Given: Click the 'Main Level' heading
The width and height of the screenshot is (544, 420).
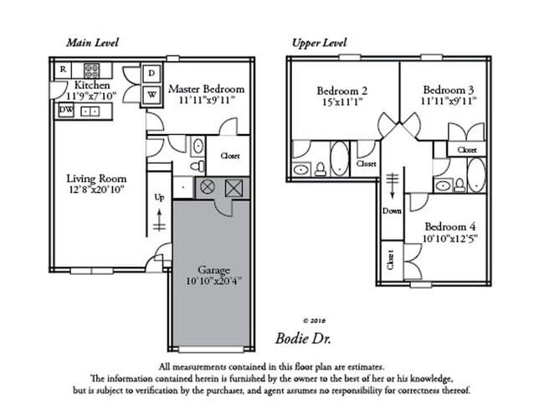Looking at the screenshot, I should [93, 42].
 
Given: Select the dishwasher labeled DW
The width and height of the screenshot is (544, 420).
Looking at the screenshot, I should [65, 110].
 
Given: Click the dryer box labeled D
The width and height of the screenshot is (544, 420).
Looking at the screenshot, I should [151, 74].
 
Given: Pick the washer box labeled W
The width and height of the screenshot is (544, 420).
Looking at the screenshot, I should [151, 94].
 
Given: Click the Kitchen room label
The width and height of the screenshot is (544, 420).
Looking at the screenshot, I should [91, 86].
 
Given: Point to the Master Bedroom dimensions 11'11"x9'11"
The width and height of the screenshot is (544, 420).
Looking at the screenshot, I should [206, 100].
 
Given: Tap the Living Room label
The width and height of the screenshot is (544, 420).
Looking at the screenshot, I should [96, 179].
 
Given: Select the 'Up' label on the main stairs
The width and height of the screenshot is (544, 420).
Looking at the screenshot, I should [158, 198].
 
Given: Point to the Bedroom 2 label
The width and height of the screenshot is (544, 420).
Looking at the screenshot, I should [342, 90].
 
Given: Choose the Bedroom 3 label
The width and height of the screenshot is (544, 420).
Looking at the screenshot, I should [449, 90].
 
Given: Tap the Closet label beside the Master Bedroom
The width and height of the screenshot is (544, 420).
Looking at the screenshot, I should [231, 157].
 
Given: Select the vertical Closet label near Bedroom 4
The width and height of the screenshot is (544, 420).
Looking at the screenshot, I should [389, 261].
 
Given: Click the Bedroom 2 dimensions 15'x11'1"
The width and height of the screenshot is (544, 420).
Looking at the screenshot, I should [342, 101].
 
